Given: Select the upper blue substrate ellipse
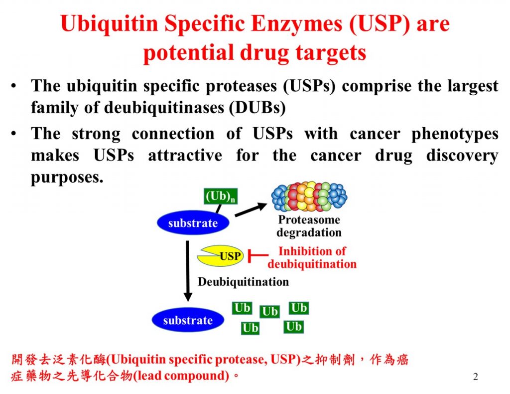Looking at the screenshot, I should [x=193, y=223].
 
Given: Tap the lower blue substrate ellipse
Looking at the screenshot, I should [x=188, y=320].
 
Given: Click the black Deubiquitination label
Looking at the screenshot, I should [x=243, y=282].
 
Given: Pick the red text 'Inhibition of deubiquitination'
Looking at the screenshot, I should [x=312, y=257].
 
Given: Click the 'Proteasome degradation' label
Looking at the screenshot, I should [x=309, y=226].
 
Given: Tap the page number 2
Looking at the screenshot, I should [x=475, y=377].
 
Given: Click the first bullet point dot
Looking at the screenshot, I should [x=14, y=86].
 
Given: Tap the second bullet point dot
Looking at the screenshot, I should [x=14, y=134].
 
